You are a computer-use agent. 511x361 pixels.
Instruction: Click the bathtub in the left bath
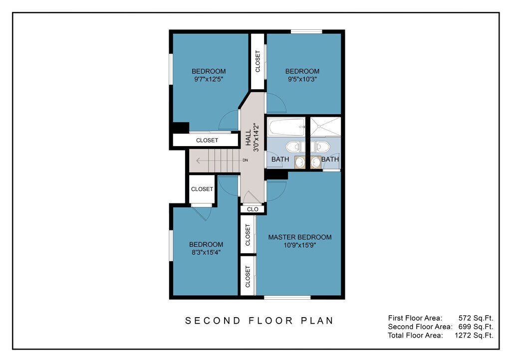point(286,127)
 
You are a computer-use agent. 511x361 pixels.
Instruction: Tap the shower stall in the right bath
point(325,127)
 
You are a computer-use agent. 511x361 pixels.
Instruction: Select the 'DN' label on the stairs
point(245,160)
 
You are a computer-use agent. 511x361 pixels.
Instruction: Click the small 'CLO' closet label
point(253,209)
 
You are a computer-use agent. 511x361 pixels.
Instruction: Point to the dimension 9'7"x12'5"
point(209,79)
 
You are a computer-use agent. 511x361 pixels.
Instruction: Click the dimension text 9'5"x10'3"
point(302,79)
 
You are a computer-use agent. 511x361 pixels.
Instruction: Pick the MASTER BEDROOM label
point(300,237)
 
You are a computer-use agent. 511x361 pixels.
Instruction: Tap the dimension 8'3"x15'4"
point(206,252)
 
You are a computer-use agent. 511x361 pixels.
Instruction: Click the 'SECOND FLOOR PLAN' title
point(259,321)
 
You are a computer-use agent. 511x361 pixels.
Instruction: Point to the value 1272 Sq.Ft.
point(474,335)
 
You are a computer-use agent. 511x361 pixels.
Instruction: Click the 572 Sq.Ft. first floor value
point(476,318)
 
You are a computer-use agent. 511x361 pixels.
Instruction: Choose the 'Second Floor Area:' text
point(420,327)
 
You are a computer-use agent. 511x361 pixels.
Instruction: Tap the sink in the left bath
point(300,162)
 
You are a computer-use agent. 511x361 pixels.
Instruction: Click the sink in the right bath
point(315,162)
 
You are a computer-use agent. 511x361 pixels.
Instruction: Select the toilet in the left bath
point(295,147)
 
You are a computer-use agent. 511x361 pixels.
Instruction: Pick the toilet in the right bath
point(320,147)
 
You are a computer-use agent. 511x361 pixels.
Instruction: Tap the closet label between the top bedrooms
point(257,61)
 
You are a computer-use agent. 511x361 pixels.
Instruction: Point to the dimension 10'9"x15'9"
point(300,245)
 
